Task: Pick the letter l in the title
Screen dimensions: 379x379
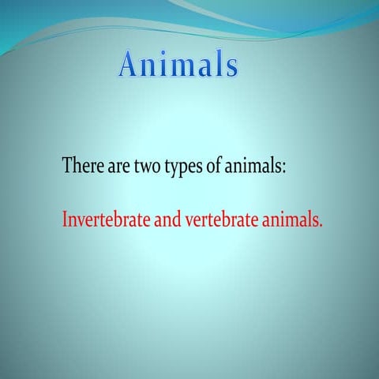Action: pos(218,65)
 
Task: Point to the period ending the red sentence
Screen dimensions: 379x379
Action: pos(321,225)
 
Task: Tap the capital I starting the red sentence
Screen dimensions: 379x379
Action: pos(65,220)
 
